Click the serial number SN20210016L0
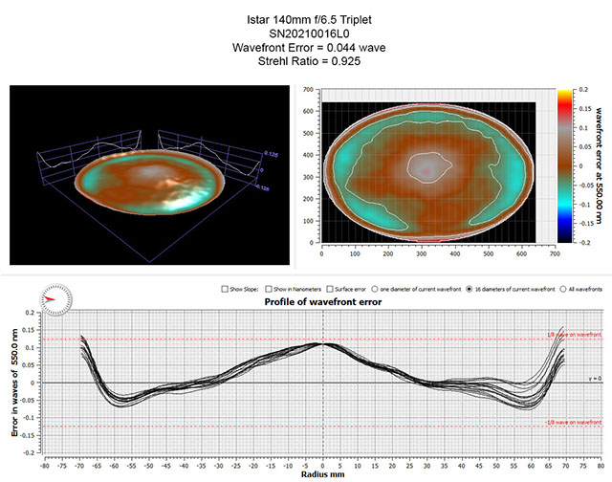click(306, 30)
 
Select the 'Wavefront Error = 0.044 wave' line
click(306, 46)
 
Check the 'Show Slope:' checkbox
click(224, 288)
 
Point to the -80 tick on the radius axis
click(45, 463)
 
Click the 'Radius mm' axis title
click(322, 473)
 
